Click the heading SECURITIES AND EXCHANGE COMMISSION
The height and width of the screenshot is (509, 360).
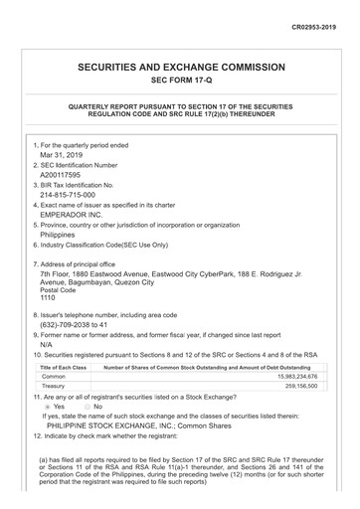pyautogui.click(x=180, y=67)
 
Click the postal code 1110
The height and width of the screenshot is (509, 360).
pyautogui.click(x=48, y=297)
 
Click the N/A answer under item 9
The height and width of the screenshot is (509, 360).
pyautogui.click(x=47, y=344)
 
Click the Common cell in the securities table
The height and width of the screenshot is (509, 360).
pyautogui.click(x=54, y=377)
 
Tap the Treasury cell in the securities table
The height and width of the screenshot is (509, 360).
pyautogui.click(x=56, y=387)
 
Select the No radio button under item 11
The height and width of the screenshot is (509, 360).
pyautogui.click(x=84, y=407)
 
